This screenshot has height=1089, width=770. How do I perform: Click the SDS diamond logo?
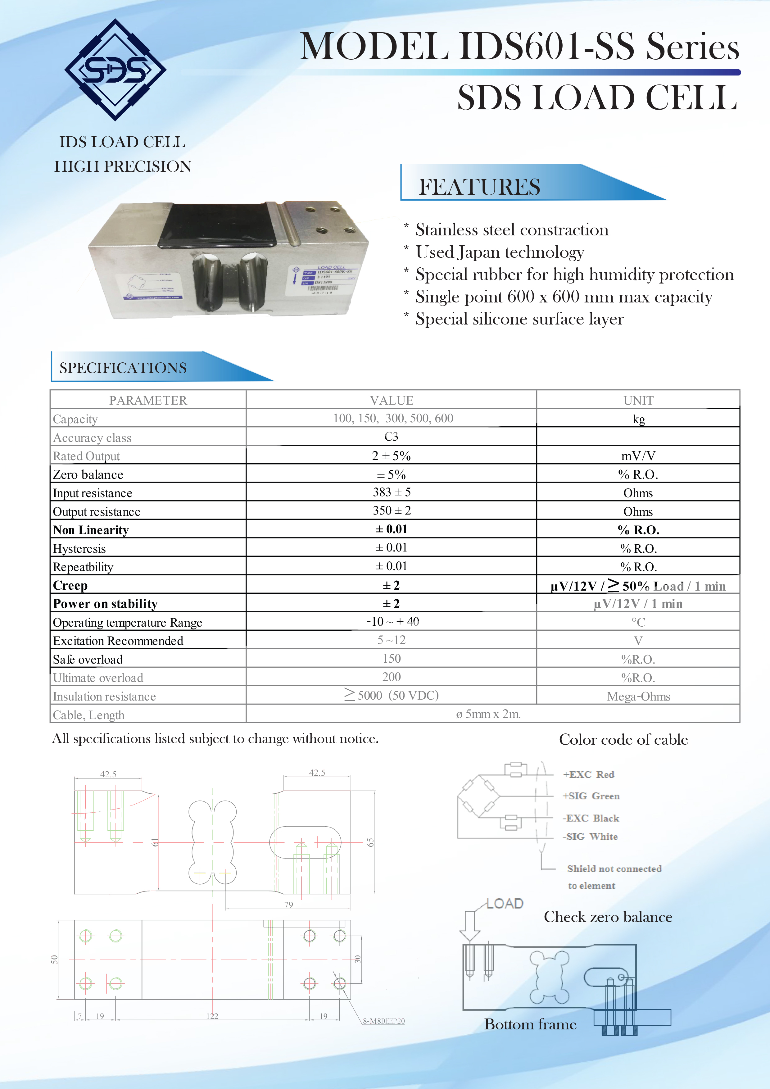pyautogui.click(x=115, y=70)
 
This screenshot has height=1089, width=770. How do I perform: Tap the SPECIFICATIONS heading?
pyautogui.click(x=123, y=368)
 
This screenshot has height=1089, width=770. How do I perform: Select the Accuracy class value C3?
pyautogui.click(x=391, y=436)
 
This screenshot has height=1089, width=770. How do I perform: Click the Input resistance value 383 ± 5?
pyautogui.click(x=392, y=492)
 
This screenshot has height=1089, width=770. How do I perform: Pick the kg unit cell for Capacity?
pyautogui.click(x=638, y=419)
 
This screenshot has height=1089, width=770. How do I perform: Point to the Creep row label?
pyautogui.click(x=70, y=585)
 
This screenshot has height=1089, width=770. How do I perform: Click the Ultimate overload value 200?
pyautogui.click(x=391, y=677)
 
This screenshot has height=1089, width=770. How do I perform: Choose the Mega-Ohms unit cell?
pyautogui.click(x=638, y=696)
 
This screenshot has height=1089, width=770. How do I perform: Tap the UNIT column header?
pyautogui.click(x=638, y=400)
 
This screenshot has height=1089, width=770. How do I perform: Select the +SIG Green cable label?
pyautogui.click(x=591, y=796)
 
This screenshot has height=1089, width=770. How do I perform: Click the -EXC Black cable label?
pyautogui.click(x=591, y=818)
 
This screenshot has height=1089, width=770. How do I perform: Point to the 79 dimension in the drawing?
pyautogui.click(x=288, y=905)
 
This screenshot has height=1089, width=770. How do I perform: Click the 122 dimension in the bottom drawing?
pyautogui.click(x=212, y=1016)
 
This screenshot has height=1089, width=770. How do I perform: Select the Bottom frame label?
pyautogui.click(x=530, y=1024)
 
